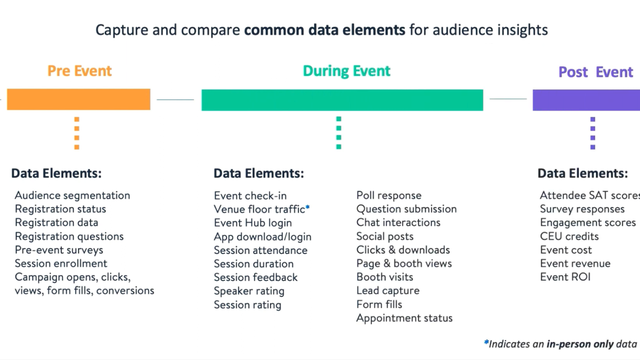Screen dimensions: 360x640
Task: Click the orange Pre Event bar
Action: pyautogui.click(x=78, y=99)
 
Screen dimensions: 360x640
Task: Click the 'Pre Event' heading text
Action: pyautogui.click(x=79, y=72)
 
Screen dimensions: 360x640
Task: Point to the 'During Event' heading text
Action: pyautogui.click(x=346, y=72)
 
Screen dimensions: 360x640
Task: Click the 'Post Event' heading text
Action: pyautogui.click(x=595, y=72)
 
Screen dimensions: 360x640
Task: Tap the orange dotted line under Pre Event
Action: pyautogui.click(x=77, y=132)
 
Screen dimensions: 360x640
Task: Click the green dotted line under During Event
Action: pyautogui.click(x=339, y=132)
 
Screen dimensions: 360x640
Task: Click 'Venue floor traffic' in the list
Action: pyautogui.click(x=259, y=209)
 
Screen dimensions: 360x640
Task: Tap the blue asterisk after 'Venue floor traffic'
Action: pyautogui.click(x=308, y=207)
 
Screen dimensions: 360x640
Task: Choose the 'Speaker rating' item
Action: pyautogui.click(x=251, y=291)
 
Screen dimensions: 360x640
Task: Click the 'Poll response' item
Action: pyautogui.click(x=389, y=195)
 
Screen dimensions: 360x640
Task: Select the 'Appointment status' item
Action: pyautogui.click(x=404, y=319)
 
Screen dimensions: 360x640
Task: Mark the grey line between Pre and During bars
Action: pyautogui.click(x=175, y=99)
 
